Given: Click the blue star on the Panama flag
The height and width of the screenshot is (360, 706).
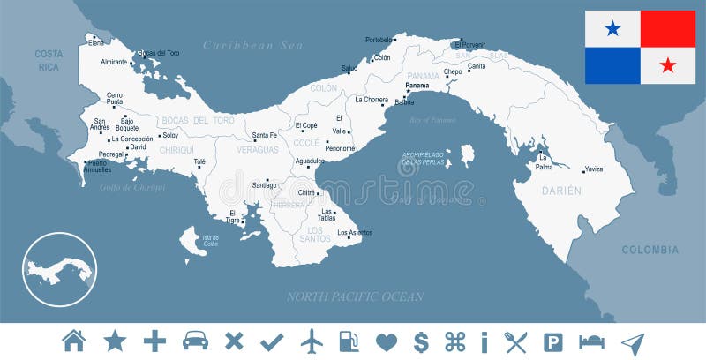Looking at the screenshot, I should (612, 29).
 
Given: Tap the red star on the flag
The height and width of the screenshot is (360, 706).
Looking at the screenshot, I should (668, 65).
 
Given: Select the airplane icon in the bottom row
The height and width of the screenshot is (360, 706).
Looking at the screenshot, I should (312, 340).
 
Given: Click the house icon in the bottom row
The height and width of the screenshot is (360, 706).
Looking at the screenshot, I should (74, 340).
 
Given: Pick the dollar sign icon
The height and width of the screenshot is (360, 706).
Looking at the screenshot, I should (421, 340).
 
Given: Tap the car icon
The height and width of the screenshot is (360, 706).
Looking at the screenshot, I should (195, 340).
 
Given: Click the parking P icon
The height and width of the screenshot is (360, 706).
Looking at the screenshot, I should (553, 340).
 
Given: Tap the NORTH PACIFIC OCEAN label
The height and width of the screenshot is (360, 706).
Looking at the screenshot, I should (354, 296).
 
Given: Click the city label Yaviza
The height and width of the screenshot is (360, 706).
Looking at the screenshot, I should (594, 169).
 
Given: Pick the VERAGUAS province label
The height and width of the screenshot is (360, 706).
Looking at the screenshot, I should (258, 151).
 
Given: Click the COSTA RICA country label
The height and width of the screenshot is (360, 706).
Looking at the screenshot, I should (49, 60).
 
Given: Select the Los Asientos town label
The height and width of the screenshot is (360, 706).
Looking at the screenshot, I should (355, 232).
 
